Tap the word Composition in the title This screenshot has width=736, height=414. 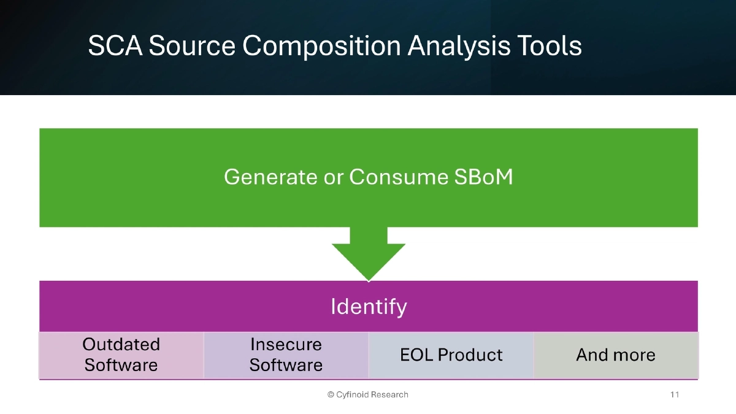click(320, 47)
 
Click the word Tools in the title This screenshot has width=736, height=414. click(549, 47)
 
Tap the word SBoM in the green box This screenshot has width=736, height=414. click(484, 177)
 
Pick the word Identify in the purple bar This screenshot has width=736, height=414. click(369, 306)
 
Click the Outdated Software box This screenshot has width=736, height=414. click(121, 355)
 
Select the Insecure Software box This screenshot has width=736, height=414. click(286, 355)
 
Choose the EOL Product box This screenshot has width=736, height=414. click(451, 355)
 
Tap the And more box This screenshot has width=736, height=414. click(616, 355)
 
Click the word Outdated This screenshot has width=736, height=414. click(121, 345)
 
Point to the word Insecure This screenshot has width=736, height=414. click(286, 345)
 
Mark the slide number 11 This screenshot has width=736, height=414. click(675, 394)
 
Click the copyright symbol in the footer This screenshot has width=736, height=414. click(331, 394)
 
